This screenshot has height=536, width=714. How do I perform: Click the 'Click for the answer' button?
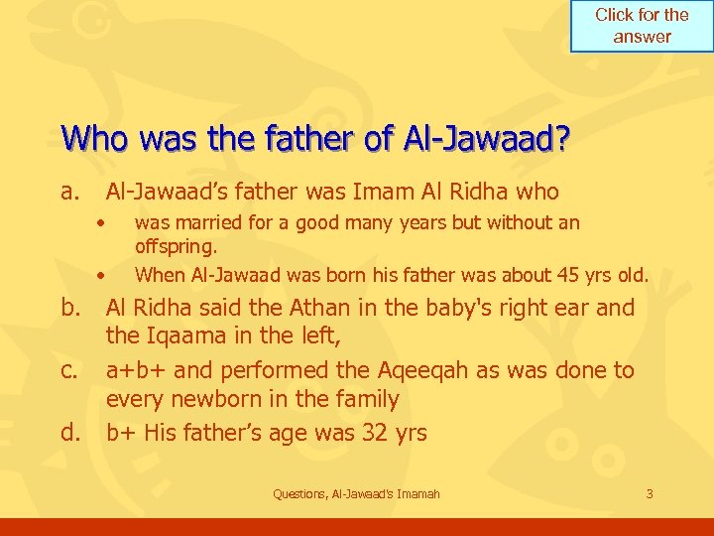642,26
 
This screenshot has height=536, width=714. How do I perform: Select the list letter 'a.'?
70,193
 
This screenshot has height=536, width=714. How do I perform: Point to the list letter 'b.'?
70,309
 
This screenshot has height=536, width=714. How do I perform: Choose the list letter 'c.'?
70,371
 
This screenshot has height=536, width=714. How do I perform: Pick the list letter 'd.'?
70,433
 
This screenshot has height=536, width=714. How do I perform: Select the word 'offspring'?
174,245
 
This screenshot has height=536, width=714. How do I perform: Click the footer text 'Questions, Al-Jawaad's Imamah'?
356,494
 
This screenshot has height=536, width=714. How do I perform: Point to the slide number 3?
649,494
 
